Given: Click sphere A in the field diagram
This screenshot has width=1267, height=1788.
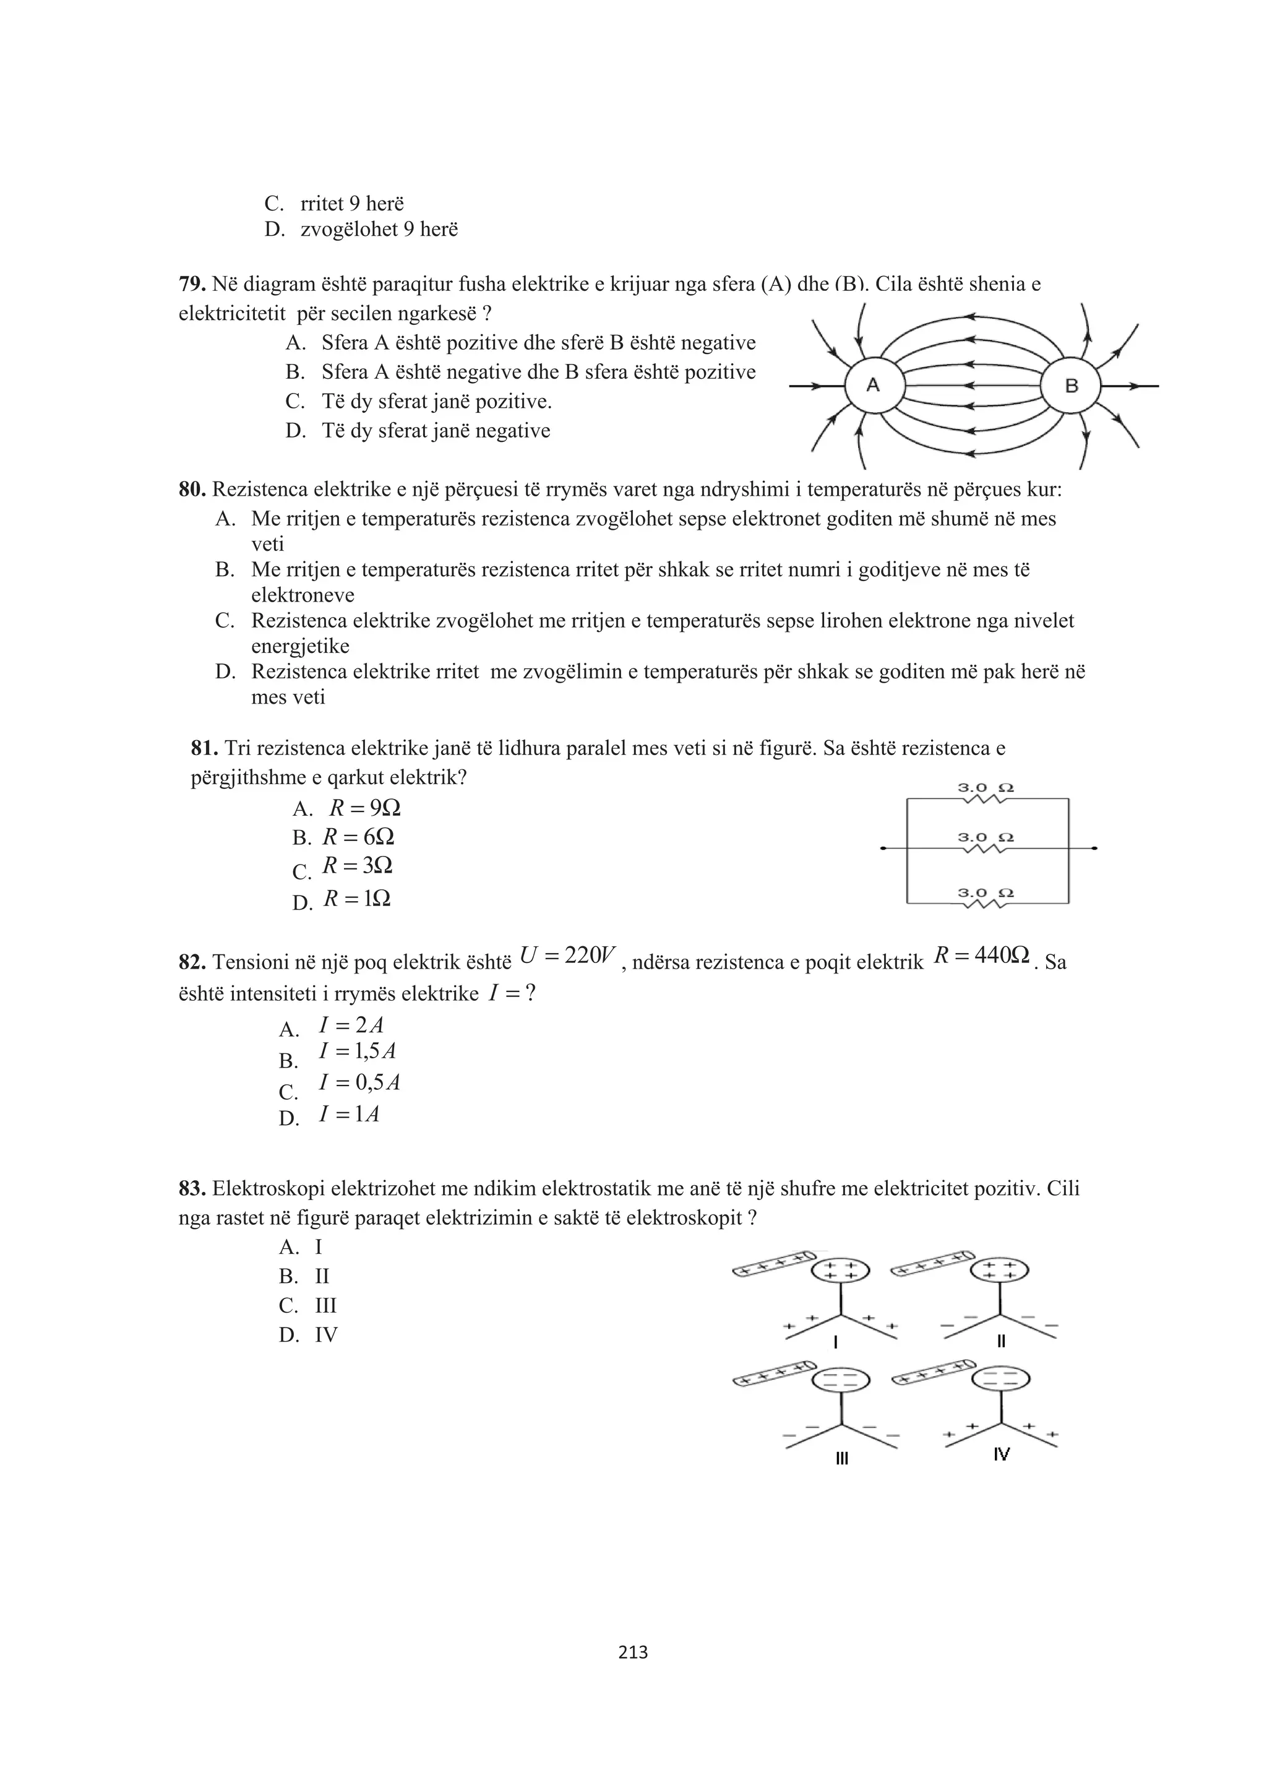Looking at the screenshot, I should (874, 386).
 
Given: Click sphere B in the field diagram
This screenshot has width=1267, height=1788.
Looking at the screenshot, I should (1071, 386).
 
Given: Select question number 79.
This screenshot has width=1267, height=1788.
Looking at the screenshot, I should (192, 284).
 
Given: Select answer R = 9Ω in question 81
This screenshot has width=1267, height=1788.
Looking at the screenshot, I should (364, 807).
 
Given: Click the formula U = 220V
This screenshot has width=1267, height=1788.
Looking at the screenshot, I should (567, 955).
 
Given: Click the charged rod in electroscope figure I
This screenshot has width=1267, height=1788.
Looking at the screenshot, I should (771, 1264).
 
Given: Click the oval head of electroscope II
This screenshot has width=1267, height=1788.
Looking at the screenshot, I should (999, 1270).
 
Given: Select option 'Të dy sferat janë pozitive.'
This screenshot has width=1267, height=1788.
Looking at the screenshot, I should (436, 402).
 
